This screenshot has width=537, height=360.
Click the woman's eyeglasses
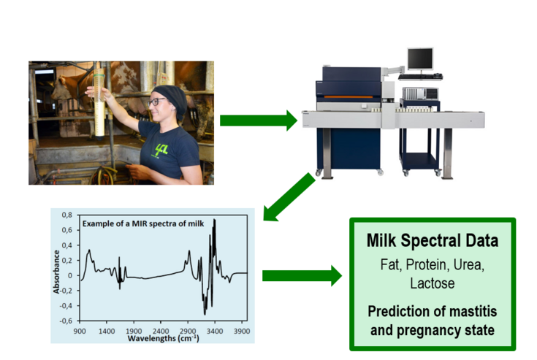click(x=156, y=102)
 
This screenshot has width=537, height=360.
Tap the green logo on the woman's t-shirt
click(x=161, y=150)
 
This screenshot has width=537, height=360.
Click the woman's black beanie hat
click(x=171, y=99)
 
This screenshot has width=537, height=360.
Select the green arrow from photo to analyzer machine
click(x=259, y=120)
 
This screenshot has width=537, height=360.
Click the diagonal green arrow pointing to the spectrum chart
click(x=289, y=197)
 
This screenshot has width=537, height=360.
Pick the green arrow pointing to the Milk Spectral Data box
click(x=302, y=275)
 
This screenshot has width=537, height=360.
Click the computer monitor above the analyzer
click(x=420, y=59)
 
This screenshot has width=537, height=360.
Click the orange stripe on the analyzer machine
click(x=349, y=97)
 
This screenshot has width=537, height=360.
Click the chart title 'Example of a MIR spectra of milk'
click(x=143, y=223)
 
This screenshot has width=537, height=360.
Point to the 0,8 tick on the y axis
click(x=67, y=215)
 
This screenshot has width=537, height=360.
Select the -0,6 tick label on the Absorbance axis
click(x=66, y=321)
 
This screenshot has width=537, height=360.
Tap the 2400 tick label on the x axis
click(x=161, y=332)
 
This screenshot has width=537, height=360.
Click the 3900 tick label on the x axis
click(x=241, y=332)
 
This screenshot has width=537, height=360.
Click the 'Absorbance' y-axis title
click(x=56, y=272)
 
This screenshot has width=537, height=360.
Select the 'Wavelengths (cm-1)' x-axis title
click(x=164, y=338)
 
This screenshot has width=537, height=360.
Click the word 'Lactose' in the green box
click(x=433, y=283)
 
